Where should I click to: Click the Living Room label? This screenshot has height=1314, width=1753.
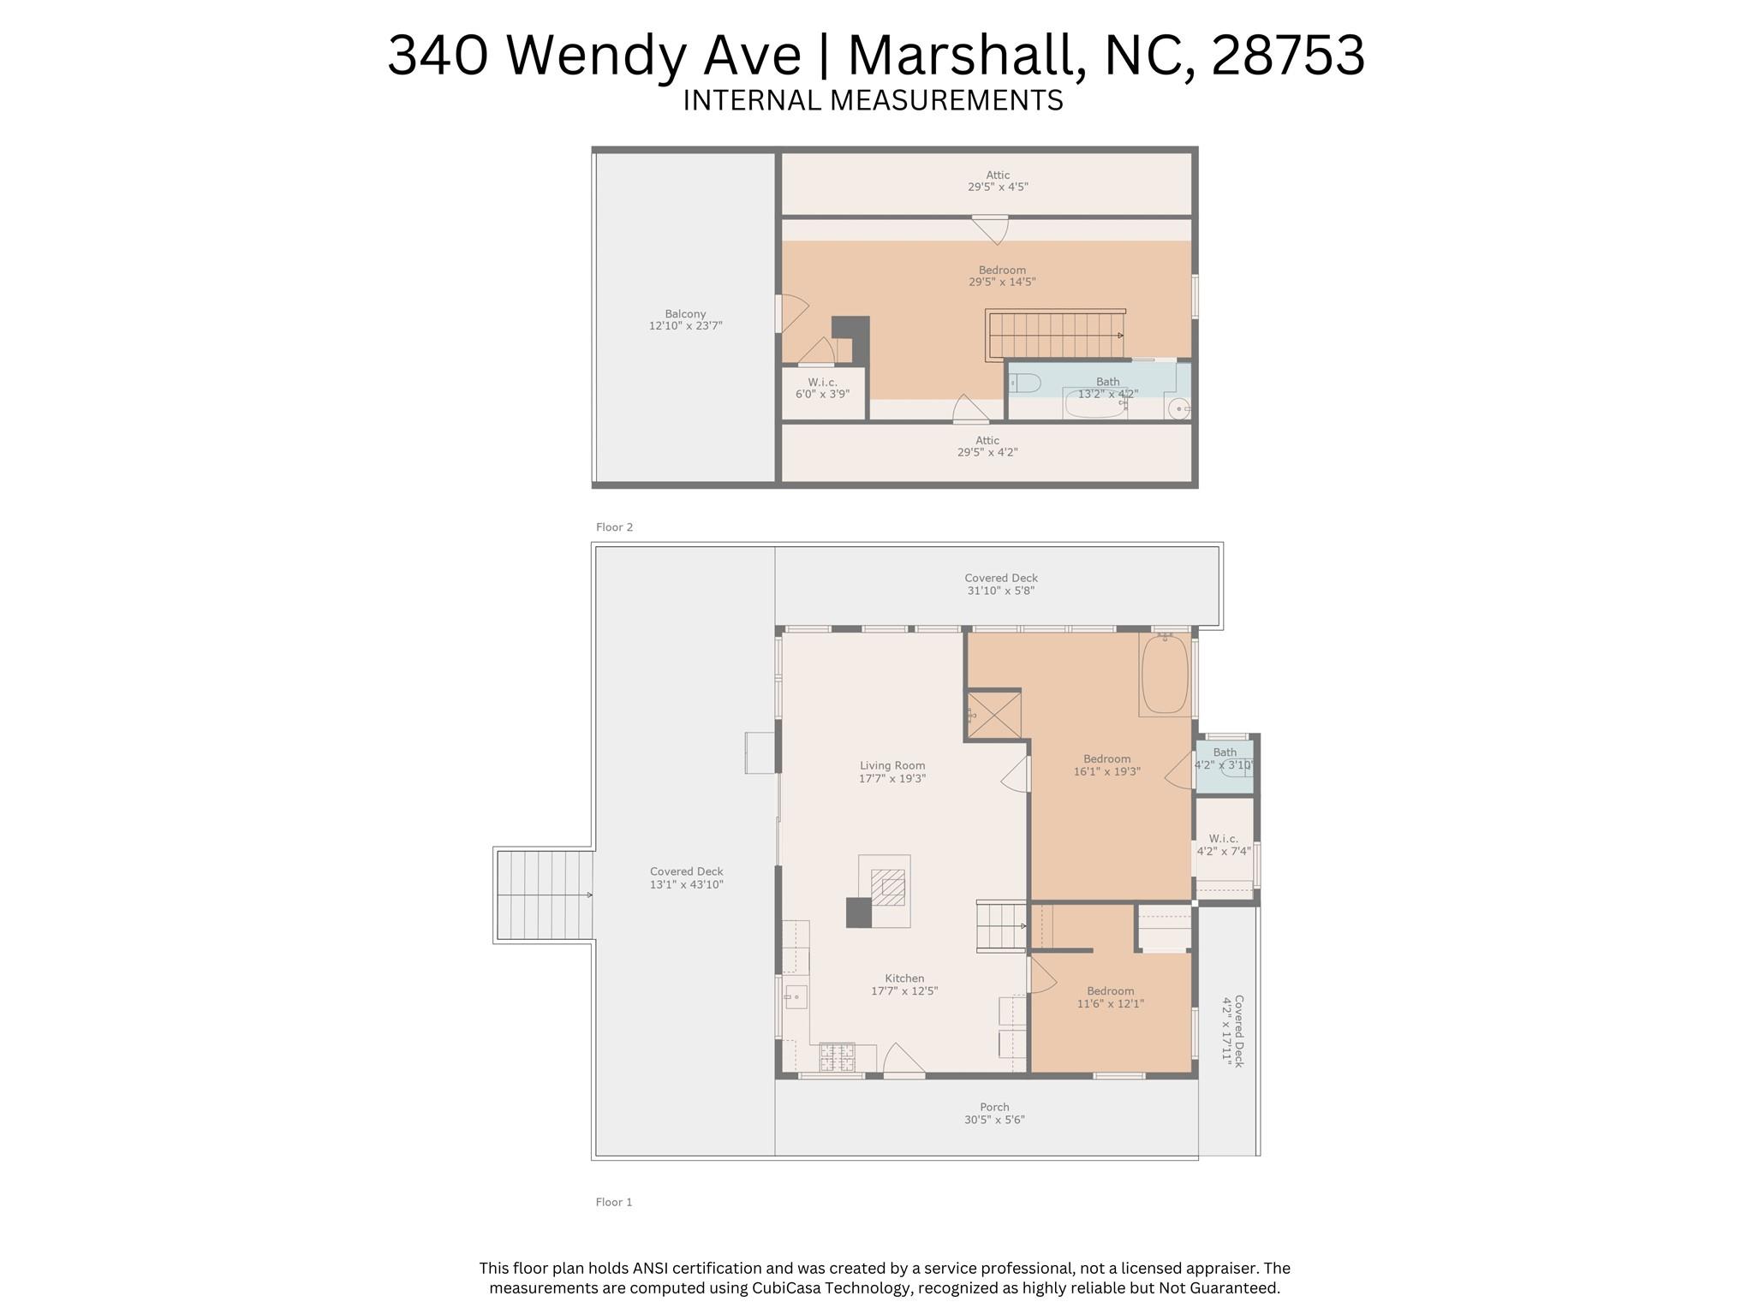coord(892,765)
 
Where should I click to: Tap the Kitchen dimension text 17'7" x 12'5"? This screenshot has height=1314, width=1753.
coord(904,991)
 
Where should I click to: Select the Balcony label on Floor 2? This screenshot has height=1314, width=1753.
coord(685,313)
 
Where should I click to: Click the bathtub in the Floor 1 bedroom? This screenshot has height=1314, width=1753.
coord(1165,675)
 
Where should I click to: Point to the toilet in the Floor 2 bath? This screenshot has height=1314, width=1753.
coord(1026,383)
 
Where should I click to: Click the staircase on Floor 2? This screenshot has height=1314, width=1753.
coord(1055,335)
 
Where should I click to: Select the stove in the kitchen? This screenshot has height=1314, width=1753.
coord(837,1057)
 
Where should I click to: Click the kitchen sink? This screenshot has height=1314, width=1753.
coord(796,996)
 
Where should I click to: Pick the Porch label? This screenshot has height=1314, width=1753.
coord(994,1107)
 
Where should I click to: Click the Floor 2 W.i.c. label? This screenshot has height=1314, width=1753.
coord(822,382)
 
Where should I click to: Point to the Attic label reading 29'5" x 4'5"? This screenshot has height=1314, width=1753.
coord(998,181)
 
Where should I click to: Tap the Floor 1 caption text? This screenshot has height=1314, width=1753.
coord(614,1202)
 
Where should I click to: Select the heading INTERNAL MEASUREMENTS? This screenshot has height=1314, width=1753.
coord(873,100)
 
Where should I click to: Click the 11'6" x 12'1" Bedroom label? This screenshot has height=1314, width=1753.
coord(1111,997)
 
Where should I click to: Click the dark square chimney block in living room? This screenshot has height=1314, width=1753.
coord(858,913)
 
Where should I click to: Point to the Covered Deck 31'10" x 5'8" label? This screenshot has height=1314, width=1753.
coord(1000,584)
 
